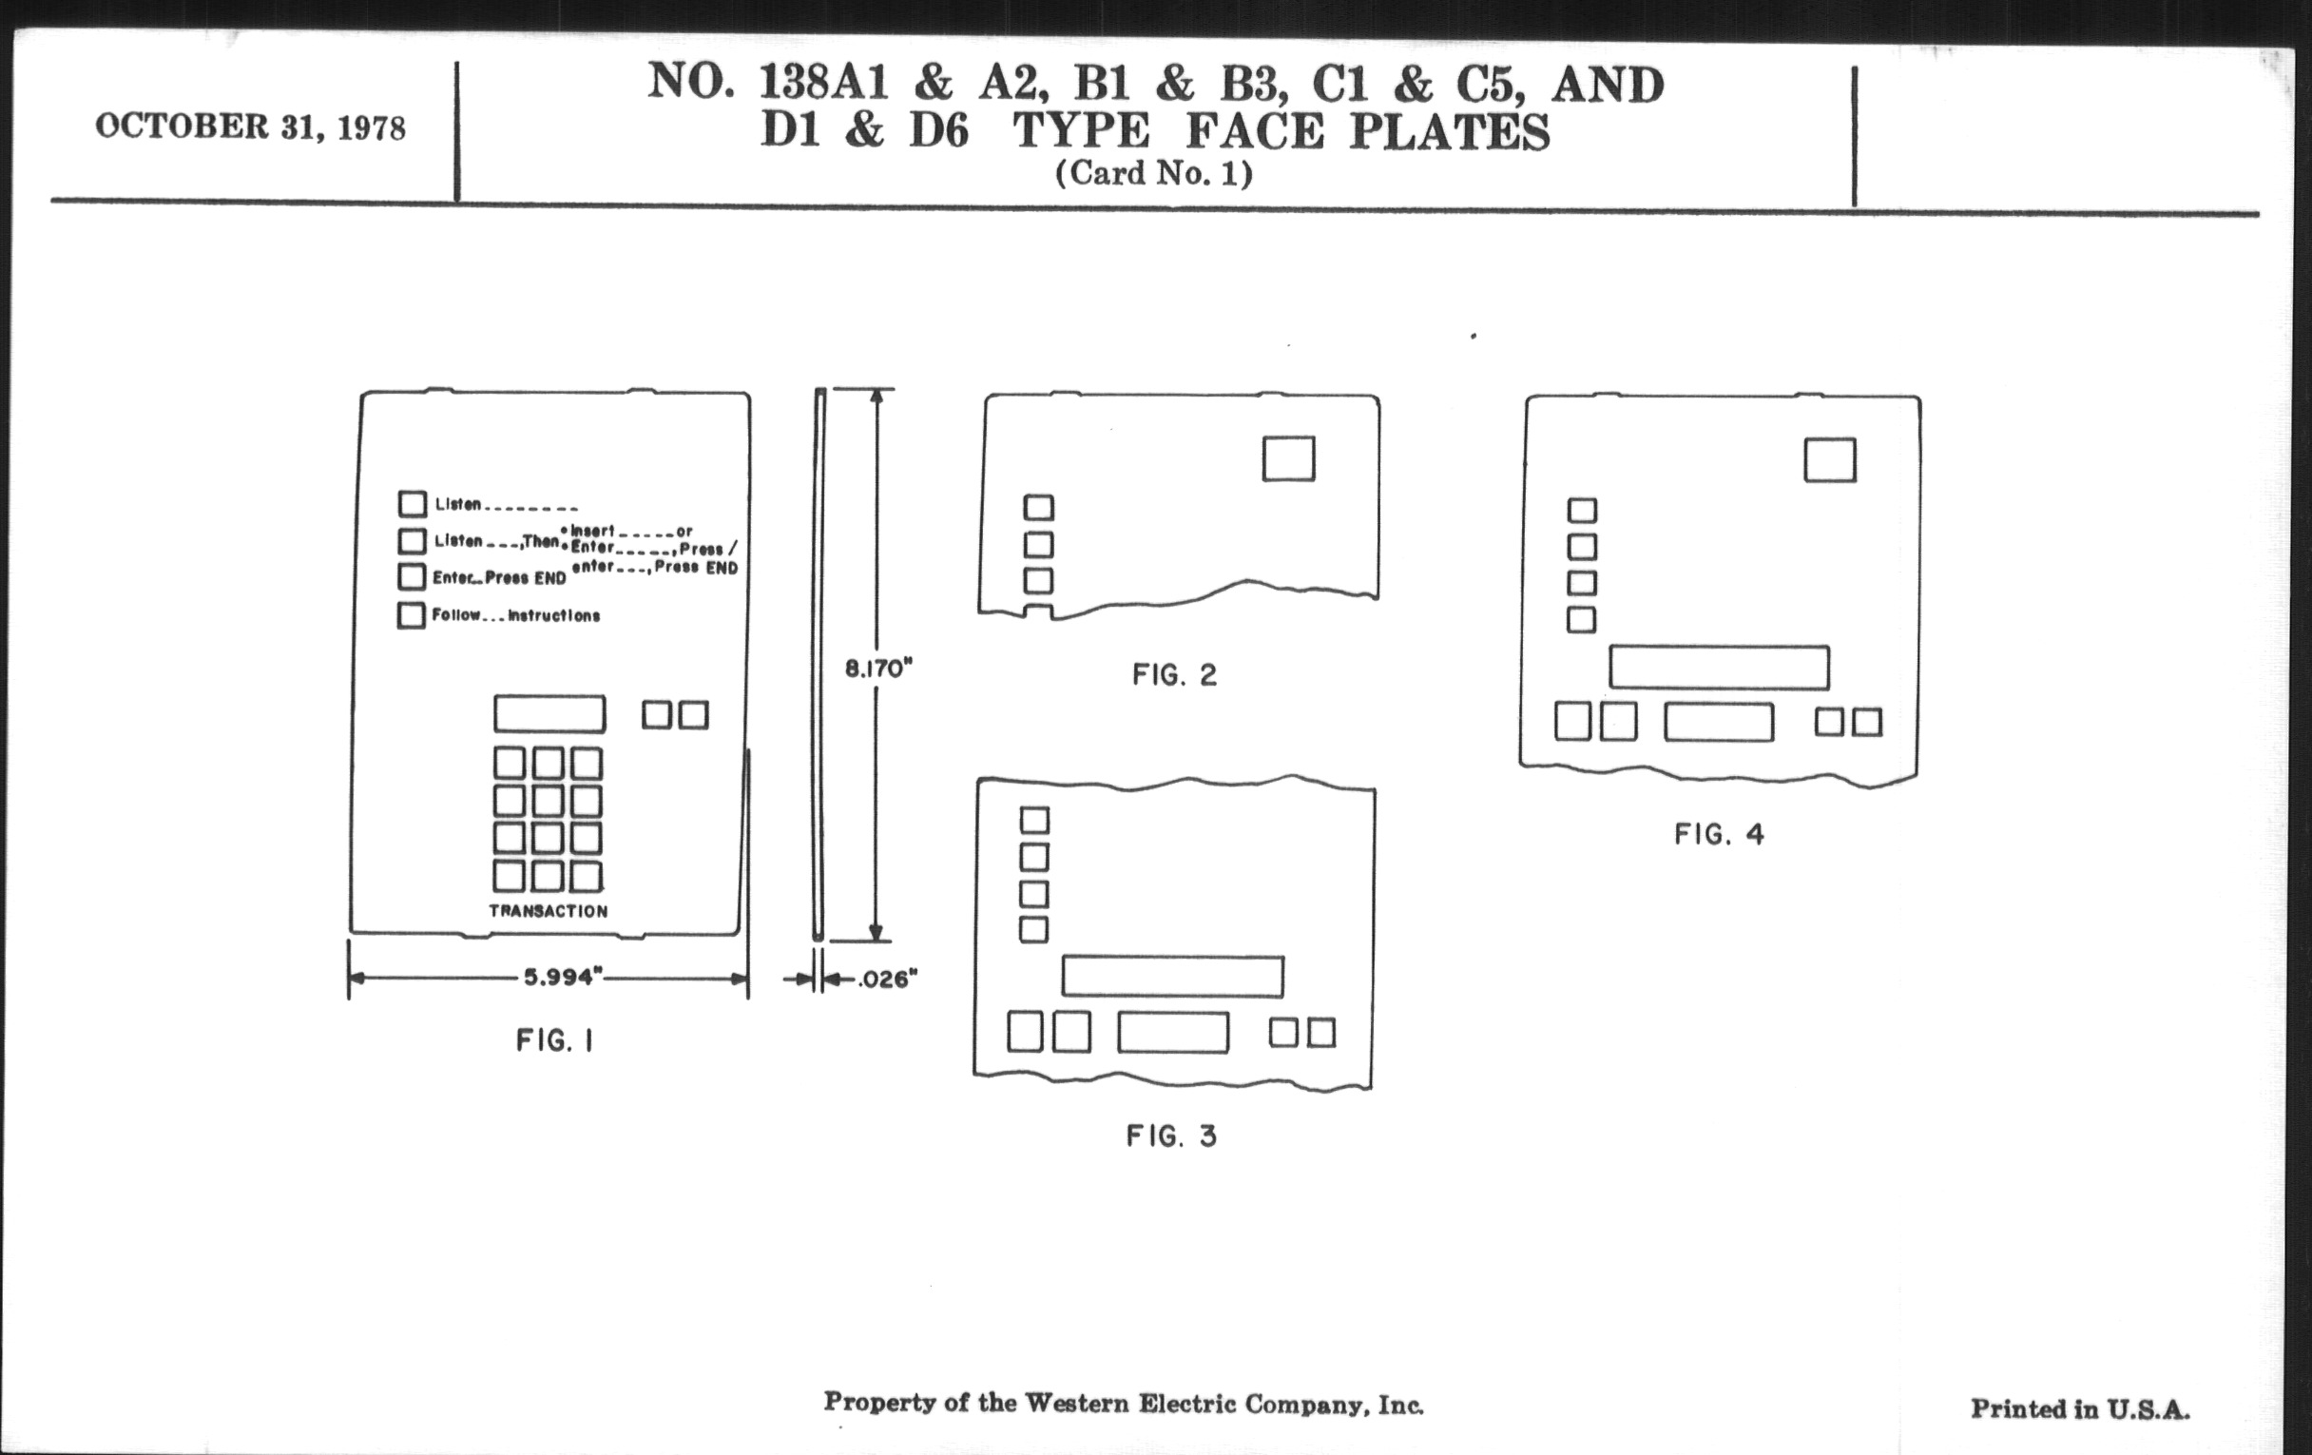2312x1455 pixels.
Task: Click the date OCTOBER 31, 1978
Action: pyautogui.click(x=250, y=127)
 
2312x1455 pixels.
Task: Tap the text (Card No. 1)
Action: pyautogui.click(x=1153, y=174)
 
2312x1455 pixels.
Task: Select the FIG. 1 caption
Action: pyautogui.click(x=555, y=1040)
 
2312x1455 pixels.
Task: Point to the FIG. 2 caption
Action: pyautogui.click(x=1174, y=675)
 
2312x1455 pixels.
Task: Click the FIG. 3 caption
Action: pyautogui.click(x=1171, y=1136)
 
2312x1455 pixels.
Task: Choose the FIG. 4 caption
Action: pyautogui.click(x=1719, y=834)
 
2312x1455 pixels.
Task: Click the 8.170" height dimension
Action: pyautogui.click(x=877, y=669)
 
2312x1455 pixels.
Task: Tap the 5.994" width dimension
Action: pyautogui.click(x=562, y=978)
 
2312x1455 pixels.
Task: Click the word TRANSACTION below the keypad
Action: pyautogui.click(x=549, y=910)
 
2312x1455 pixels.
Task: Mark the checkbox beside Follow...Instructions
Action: pyautogui.click(x=411, y=614)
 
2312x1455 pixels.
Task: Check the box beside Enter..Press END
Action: pyautogui.click(x=411, y=576)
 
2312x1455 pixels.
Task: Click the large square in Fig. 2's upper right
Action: pyautogui.click(x=1287, y=458)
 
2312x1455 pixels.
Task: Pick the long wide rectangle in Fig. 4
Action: pyautogui.click(x=1719, y=668)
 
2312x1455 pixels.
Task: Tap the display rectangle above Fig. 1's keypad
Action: pyautogui.click(x=549, y=713)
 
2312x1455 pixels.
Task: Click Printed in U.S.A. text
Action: pyautogui.click(x=2080, y=1409)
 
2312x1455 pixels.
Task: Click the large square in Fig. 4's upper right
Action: pyautogui.click(x=1829, y=460)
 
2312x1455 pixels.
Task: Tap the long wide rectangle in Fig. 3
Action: pyautogui.click(x=1172, y=976)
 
